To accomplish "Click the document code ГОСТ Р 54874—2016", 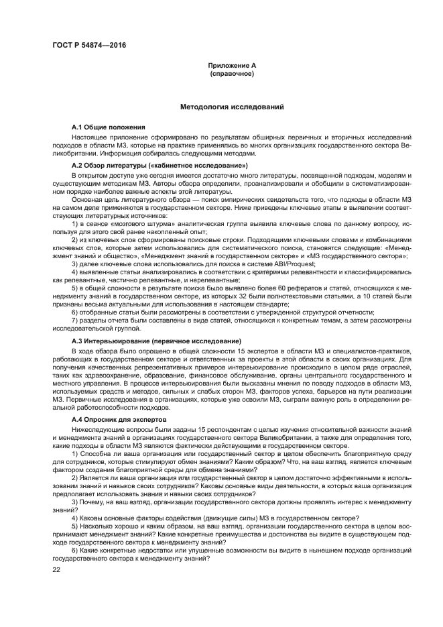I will click(x=88, y=46).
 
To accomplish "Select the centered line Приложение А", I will click(x=232, y=65).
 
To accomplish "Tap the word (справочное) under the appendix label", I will click(x=232, y=73).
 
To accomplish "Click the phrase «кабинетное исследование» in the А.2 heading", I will click(x=207, y=165).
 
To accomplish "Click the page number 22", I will click(x=57, y=569).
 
